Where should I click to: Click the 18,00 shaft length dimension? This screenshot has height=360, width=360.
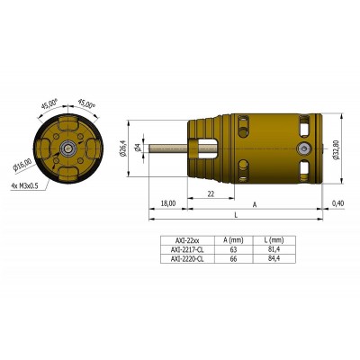click(x=167, y=204)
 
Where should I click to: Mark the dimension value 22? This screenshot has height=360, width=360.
click(x=210, y=194)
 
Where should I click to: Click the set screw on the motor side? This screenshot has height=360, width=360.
click(x=306, y=148)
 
